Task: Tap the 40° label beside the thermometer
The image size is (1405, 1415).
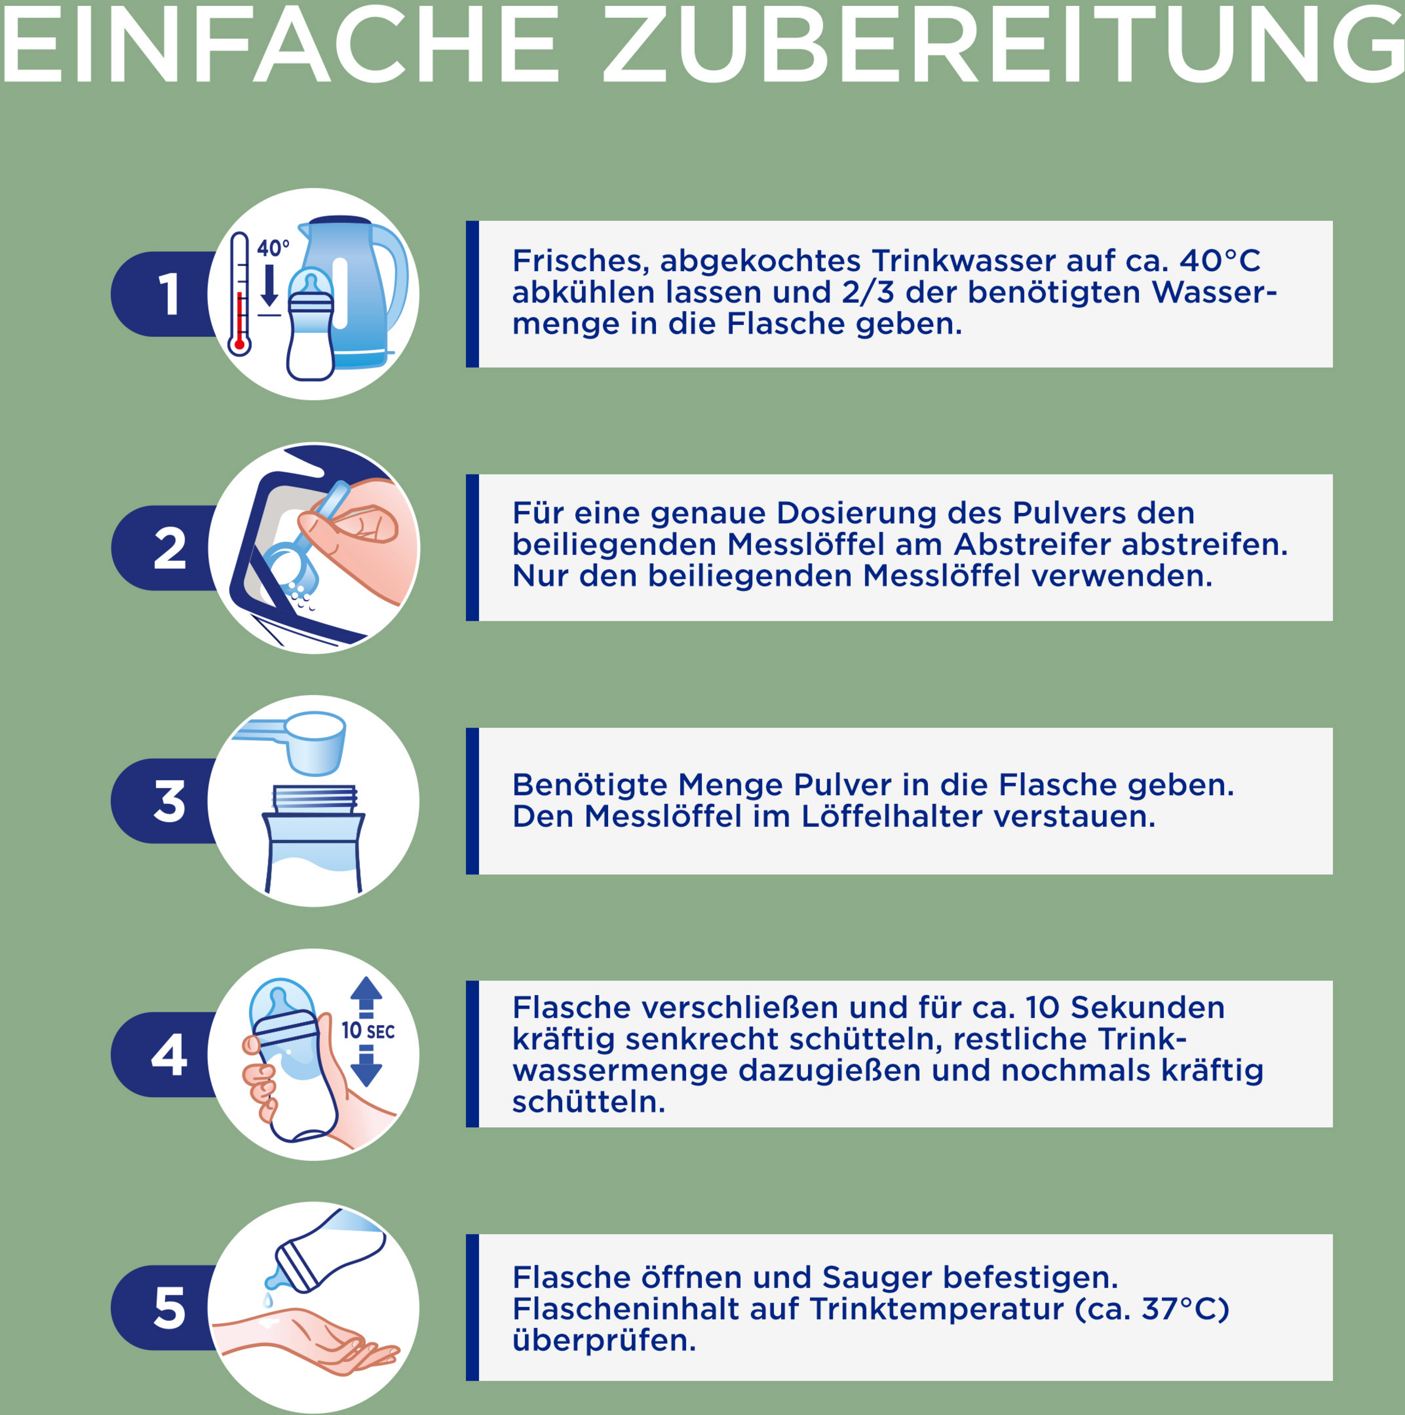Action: point(273,248)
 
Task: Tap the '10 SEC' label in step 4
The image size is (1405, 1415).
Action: point(367,1031)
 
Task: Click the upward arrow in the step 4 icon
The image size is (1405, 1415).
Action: point(366,997)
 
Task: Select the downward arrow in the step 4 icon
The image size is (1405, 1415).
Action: point(366,1065)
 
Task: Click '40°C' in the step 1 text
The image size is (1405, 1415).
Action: point(1220,261)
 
